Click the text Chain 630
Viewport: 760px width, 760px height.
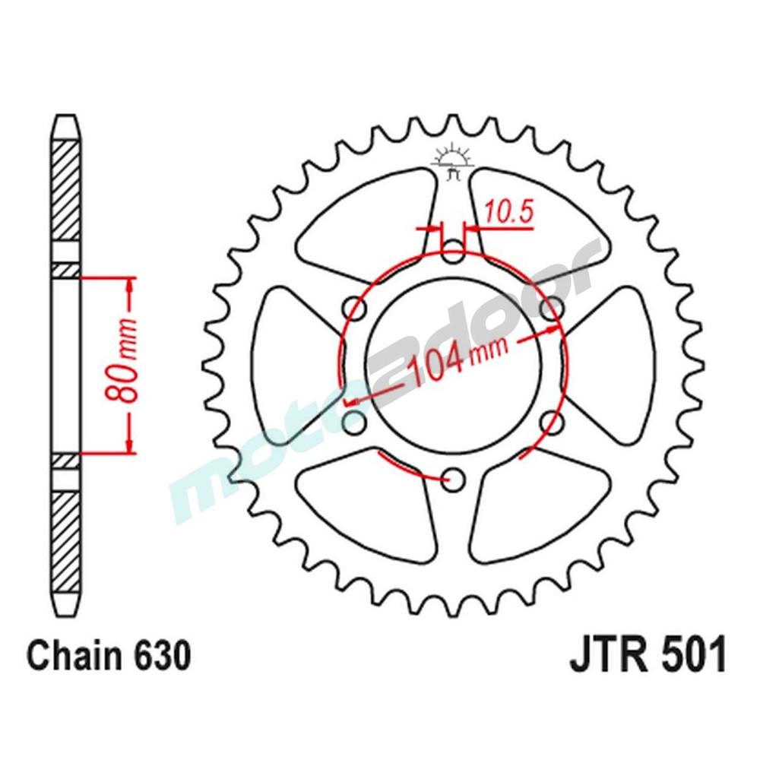click(109, 657)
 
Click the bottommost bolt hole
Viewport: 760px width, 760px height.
click(454, 478)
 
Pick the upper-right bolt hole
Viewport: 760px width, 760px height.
click(551, 309)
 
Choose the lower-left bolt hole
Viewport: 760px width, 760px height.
click(355, 421)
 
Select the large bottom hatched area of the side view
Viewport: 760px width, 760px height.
click(65, 540)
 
